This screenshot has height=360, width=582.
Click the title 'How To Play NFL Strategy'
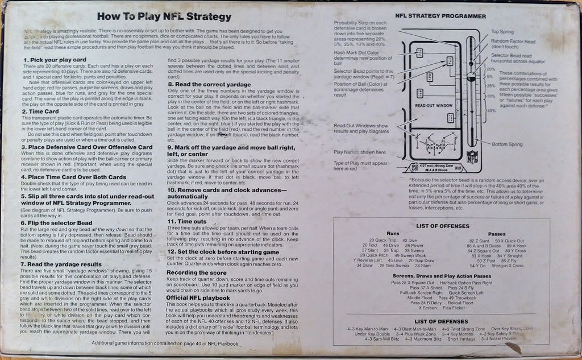164,17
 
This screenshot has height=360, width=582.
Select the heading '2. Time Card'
41,111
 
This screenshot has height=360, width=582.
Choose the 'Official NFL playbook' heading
198,297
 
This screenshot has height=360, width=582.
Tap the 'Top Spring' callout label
502,32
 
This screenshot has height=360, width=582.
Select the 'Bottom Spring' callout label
507,144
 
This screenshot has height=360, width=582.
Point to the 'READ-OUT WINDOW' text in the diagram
434,106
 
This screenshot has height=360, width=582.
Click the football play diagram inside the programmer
436,146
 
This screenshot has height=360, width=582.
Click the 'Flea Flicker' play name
454,308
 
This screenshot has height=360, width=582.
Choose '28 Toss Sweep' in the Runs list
394,266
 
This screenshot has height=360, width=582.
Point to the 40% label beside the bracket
491,110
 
